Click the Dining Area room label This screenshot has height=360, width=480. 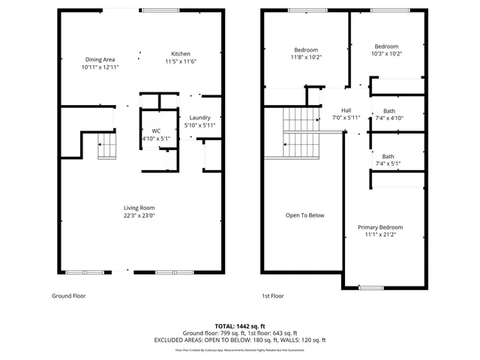coord(100,59)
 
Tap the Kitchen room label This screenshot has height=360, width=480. coord(181,54)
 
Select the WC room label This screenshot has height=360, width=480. coord(157,130)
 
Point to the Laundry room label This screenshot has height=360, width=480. coord(199,118)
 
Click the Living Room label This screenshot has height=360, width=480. coord(139,208)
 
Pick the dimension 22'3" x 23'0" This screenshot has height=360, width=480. coord(139,216)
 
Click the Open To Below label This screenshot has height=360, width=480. coord(304,215)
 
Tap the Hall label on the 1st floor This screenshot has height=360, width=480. coord(346,109)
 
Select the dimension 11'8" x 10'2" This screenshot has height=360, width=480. coord(305,57)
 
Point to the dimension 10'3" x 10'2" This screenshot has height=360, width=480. coord(386,53)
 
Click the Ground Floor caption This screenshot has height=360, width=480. coord(68,295)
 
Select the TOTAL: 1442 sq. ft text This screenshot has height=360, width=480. coord(240,326)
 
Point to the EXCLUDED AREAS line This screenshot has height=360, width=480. coord(240,340)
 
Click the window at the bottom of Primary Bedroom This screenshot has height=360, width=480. coord(370,287)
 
